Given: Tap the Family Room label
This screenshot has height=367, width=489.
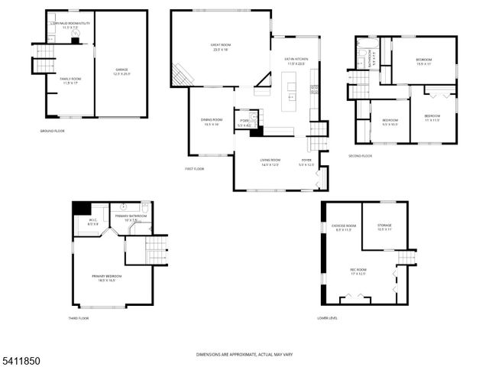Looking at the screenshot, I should (70, 80).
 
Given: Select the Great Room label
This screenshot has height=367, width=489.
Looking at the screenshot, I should (222, 47).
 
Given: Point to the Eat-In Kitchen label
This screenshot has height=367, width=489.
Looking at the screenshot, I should (296, 60).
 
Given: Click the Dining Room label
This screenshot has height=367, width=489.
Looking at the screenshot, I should (212, 122).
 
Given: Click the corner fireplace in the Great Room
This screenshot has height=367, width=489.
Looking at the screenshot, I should (182, 75).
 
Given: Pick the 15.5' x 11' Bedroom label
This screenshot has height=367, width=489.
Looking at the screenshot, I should (424, 62).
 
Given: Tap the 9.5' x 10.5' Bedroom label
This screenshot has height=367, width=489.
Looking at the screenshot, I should (390, 122).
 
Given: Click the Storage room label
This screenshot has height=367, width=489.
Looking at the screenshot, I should (384, 227).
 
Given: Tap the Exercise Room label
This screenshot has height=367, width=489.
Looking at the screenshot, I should (344, 228).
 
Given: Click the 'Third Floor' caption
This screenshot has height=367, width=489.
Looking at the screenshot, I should (79, 318).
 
